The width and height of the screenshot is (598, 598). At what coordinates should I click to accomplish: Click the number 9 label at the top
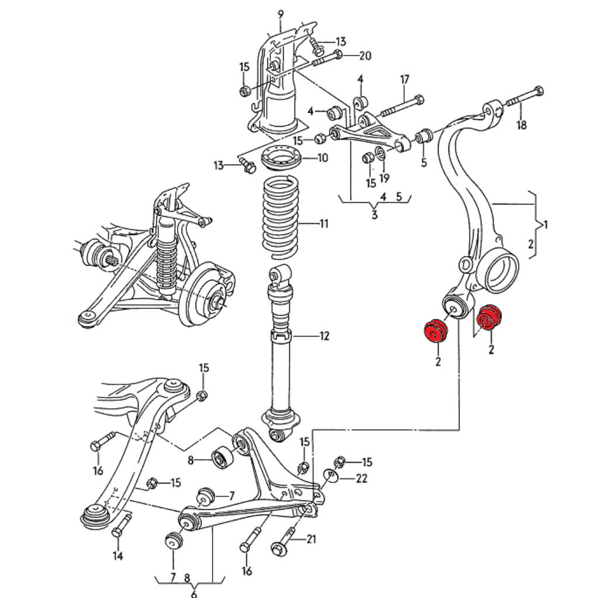(x=280, y=13)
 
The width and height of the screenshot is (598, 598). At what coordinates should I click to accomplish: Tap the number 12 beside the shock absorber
(x=324, y=336)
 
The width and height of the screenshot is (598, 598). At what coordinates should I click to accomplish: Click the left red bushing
(x=434, y=331)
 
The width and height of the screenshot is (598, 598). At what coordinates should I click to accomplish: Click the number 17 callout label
(x=404, y=79)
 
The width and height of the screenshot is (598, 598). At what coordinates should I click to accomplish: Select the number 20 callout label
(x=364, y=56)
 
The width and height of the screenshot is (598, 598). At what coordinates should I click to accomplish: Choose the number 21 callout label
(x=311, y=539)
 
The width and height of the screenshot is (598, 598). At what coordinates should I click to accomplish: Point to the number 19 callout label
(x=384, y=178)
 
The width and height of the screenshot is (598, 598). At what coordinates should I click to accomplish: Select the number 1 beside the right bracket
(x=545, y=224)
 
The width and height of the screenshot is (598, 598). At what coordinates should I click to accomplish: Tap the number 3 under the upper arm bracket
(x=374, y=214)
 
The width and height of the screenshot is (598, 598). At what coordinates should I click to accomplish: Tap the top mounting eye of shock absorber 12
(x=280, y=273)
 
